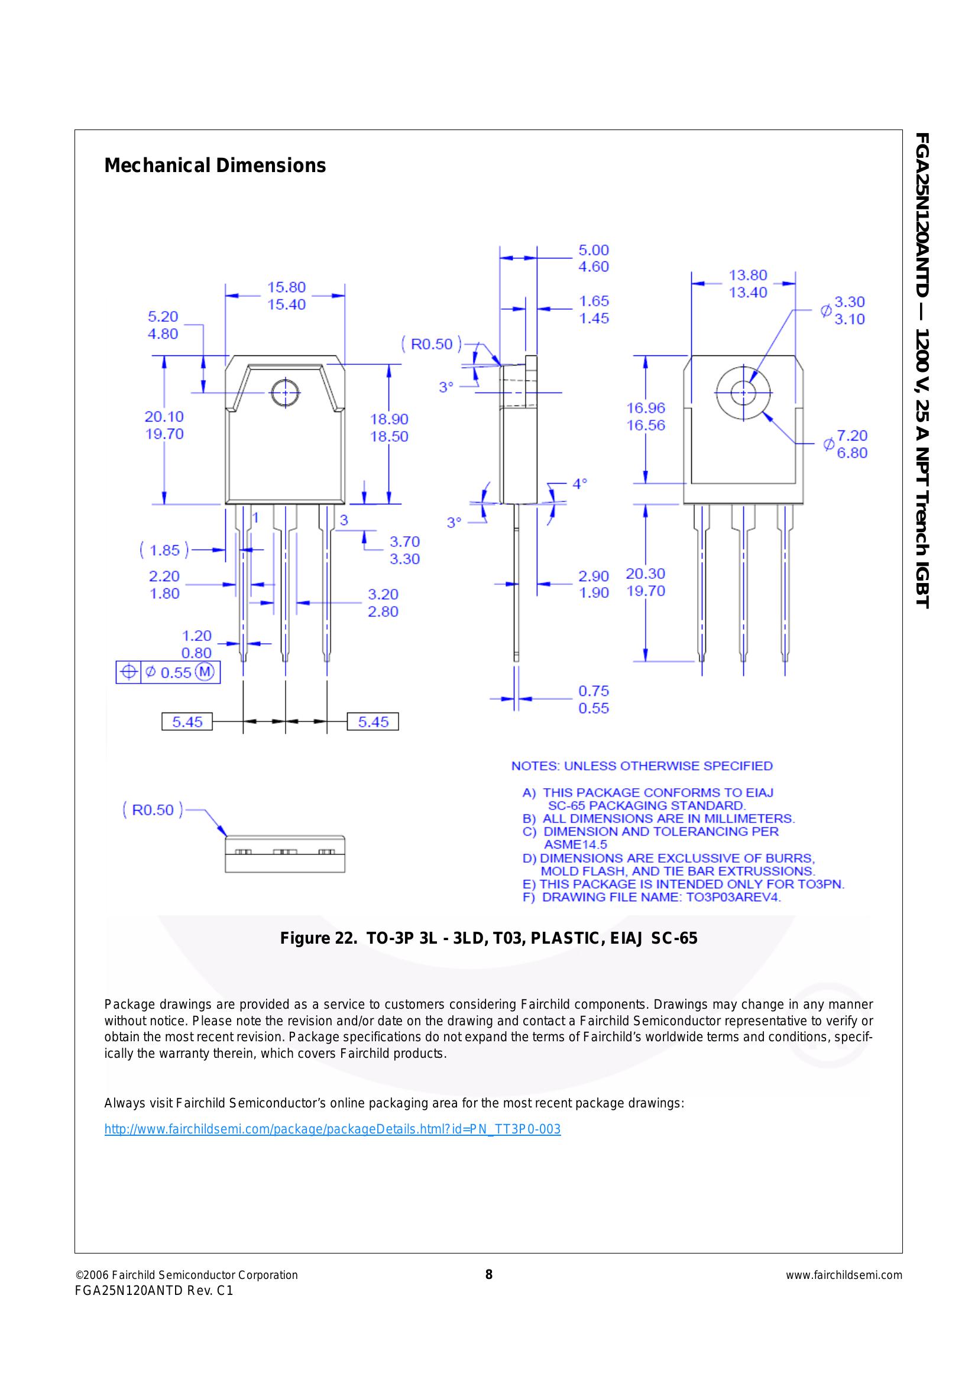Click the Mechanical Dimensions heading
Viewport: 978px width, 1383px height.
(215, 166)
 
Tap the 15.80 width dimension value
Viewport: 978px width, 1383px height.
(286, 287)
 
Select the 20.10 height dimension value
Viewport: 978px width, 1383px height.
(164, 417)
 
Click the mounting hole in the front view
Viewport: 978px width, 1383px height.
(285, 394)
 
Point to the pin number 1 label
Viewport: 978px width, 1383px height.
(255, 518)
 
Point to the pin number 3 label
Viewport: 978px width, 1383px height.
(344, 520)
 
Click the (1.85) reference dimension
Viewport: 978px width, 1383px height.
(164, 550)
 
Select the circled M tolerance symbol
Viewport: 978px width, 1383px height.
(205, 672)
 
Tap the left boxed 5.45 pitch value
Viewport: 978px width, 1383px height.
(187, 721)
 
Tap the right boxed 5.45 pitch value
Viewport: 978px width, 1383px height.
(373, 721)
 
